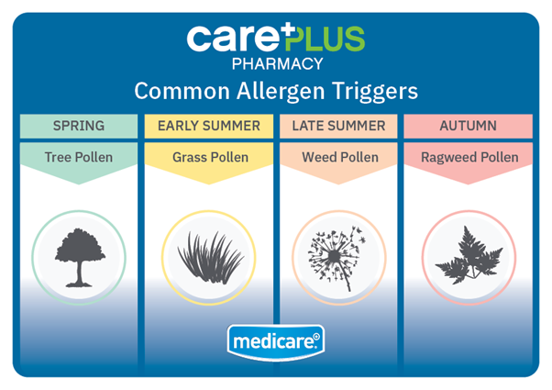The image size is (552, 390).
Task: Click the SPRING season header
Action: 79,126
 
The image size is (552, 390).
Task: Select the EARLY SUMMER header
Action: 209,126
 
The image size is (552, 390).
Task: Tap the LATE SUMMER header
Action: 338,126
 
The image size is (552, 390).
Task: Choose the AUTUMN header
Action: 469,126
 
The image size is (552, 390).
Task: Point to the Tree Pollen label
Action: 79,157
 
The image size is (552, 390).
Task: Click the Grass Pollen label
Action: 211,157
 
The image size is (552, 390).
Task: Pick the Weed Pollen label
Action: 340,157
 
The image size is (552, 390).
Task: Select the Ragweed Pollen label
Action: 469,158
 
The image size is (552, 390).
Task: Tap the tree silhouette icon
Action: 80,258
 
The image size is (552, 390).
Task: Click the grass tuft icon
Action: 211,258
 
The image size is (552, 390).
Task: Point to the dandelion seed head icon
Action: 337,258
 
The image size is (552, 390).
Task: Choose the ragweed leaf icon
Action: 469,255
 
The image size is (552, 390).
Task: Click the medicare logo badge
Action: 276,341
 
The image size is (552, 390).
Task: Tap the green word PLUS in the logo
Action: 325,38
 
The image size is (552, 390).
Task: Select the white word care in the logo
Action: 232,38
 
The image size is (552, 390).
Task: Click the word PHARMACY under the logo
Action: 278,64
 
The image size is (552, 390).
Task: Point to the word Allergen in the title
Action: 281,92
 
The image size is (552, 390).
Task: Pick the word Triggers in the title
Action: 374,92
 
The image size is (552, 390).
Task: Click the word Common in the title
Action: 182,92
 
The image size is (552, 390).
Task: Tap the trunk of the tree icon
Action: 80,273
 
